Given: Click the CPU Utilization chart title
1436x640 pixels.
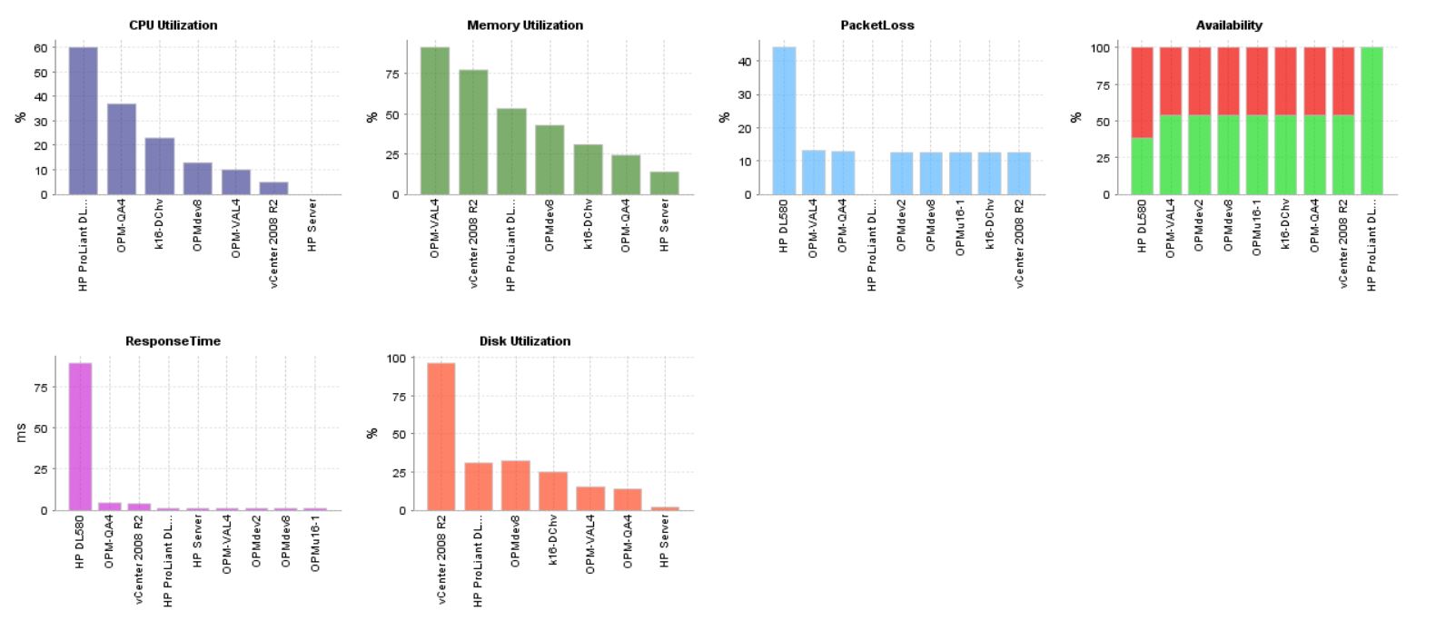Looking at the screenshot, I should (173, 25).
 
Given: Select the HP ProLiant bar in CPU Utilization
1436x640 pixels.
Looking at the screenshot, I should (83, 121).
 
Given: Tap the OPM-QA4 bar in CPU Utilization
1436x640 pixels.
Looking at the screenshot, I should (122, 149).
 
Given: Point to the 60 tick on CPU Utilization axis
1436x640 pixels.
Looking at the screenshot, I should (41, 48).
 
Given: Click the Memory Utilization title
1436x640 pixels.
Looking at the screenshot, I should (525, 25).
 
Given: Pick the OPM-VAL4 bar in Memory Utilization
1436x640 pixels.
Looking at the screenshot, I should (435, 121).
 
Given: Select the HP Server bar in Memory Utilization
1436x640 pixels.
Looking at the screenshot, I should (664, 183).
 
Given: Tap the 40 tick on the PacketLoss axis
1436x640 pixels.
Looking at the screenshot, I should (744, 62).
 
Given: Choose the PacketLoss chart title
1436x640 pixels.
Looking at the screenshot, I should (876, 25).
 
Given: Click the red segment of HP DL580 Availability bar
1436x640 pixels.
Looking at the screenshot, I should (1142, 92).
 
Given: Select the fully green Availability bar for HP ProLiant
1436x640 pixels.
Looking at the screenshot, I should (1372, 121).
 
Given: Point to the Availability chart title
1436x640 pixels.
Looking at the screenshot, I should (1229, 25).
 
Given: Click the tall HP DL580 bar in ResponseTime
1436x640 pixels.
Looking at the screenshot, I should (80, 437).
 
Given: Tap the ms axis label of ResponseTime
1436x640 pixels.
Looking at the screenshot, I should (21, 435).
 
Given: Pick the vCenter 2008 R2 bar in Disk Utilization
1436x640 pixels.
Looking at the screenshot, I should (441, 437).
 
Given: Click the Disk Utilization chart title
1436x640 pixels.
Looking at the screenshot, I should (525, 341).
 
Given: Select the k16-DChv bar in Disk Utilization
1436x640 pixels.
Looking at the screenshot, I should (553, 491).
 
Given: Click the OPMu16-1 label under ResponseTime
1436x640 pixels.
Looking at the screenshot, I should (314, 542).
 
